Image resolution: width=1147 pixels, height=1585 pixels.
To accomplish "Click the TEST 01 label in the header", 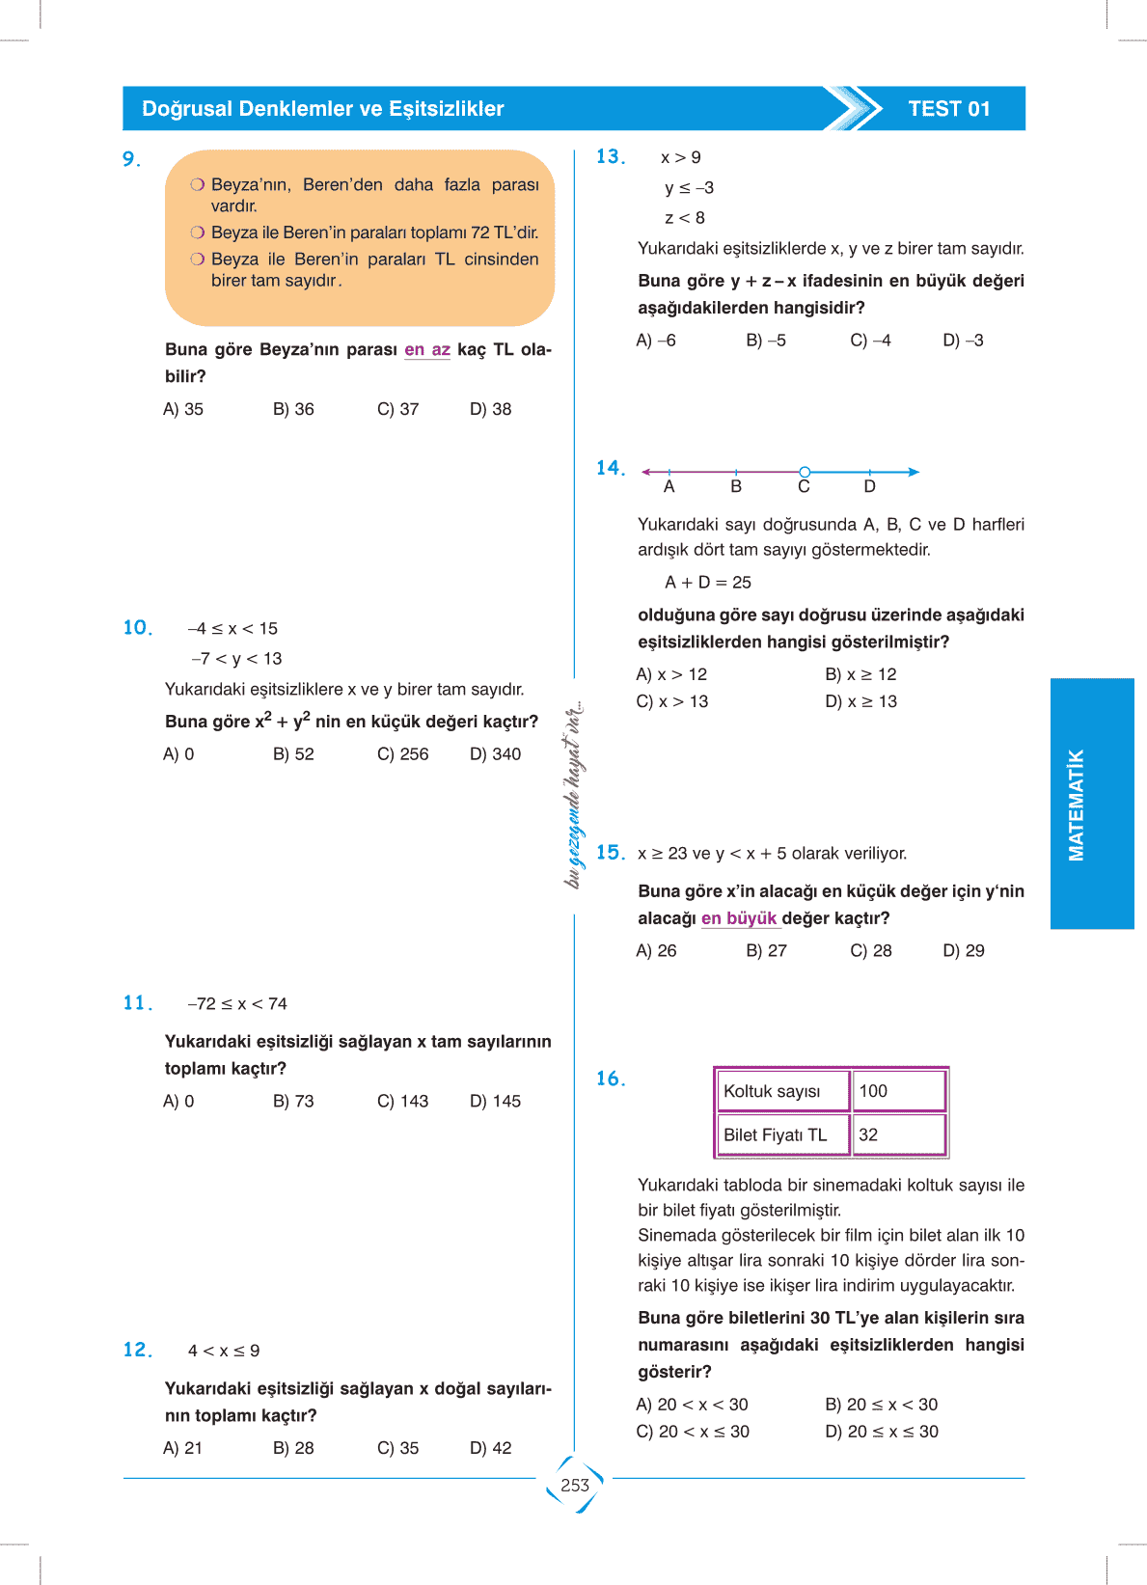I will coord(948,109).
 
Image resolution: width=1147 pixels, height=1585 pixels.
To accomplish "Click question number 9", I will coord(131,159).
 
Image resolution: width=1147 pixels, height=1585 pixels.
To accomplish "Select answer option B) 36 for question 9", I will coord(293,409).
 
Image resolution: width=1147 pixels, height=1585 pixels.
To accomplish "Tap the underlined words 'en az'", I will coord(427,349).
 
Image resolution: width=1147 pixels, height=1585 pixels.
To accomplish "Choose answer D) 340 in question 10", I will coord(495,754).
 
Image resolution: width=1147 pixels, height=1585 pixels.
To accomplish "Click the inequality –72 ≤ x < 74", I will coord(237,1004).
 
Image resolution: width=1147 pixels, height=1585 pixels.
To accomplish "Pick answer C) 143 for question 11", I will coord(402,1102).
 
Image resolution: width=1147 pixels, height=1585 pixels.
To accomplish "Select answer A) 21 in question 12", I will coord(182,1448).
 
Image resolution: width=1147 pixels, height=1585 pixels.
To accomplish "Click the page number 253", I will coord(575,1486).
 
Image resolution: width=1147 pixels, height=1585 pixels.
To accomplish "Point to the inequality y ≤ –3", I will coord(689,188).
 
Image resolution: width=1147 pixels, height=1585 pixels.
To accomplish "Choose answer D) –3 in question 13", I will coord(963,341).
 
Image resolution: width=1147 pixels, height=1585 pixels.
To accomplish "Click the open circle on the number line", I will coord(805,472).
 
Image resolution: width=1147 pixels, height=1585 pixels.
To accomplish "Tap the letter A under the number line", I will coord(669,487).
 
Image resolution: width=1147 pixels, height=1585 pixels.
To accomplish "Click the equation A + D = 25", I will coord(707,583).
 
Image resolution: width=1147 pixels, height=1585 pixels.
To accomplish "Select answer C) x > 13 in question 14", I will coord(671,701).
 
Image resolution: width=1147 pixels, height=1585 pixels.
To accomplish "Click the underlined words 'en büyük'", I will coord(739,918).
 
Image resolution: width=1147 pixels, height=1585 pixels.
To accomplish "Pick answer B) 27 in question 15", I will coord(766,951).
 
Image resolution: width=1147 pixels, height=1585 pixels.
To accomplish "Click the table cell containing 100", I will coord(898,1091).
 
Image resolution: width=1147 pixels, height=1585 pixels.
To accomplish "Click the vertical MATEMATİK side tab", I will coord(1077,805).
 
